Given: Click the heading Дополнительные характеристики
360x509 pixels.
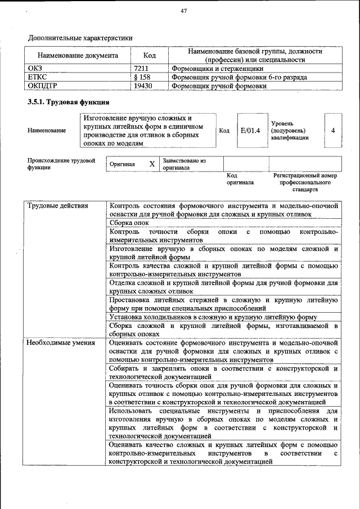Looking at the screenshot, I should (80, 38).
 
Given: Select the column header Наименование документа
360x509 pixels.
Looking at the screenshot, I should (78, 56).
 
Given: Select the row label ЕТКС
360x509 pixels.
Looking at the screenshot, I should (37, 77).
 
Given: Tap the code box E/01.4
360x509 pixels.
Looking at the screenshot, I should (250, 130).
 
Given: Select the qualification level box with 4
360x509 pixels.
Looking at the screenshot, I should (333, 130).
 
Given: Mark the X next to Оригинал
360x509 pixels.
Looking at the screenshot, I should (152, 164).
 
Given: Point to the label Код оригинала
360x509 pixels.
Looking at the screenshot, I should (240, 179).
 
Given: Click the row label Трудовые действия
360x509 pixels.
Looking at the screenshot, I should (58, 205).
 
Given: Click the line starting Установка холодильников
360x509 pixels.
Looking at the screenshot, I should (214, 317).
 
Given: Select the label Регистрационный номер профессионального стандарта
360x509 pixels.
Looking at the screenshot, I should (305, 183).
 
